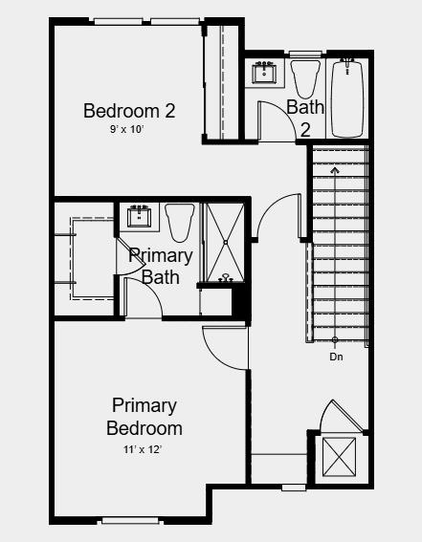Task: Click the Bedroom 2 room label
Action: tap(129, 111)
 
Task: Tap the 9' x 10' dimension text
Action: tap(126, 129)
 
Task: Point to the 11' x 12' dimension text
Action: tap(142, 448)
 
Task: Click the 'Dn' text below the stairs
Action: tap(336, 357)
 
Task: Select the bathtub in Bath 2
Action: tap(348, 98)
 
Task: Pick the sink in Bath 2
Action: tap(265, 72)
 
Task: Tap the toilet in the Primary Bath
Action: tap(180, 222)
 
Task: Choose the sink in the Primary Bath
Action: tap(142, 215)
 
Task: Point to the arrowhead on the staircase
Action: tap(335, 169)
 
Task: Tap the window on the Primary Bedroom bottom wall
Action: tap(129, 521)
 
